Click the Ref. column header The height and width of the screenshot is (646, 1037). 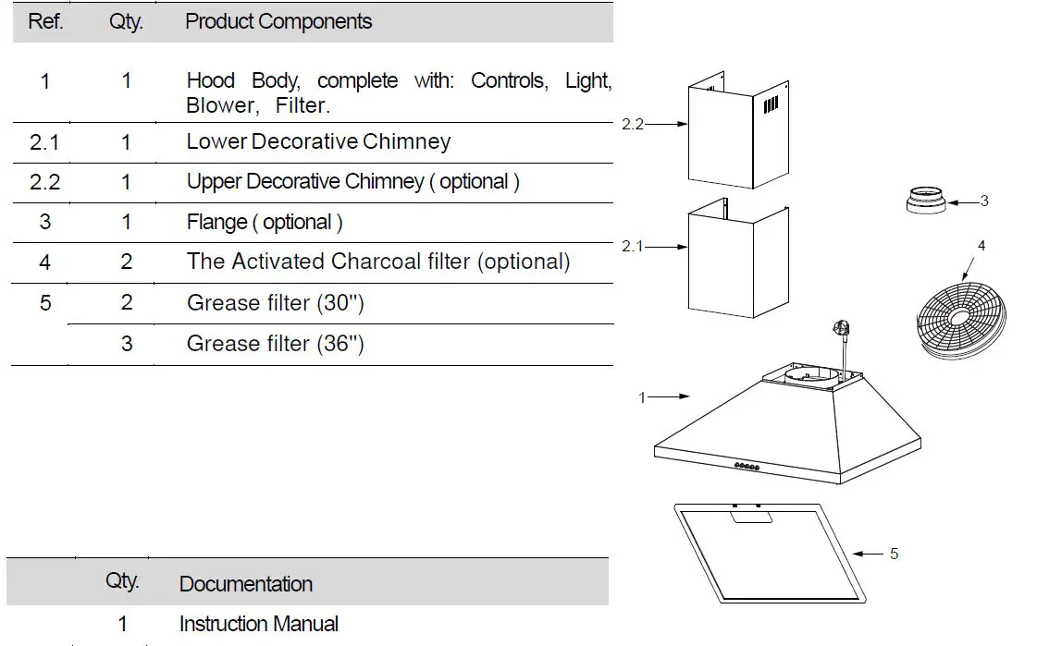[x=45, y=21]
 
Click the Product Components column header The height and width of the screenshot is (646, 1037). [x=278, y=21]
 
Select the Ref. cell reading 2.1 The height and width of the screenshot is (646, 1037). [x=45, y=141]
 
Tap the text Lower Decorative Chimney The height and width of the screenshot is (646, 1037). [x=318, y=141]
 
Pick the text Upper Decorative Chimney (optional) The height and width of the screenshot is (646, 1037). [x=352, y=182]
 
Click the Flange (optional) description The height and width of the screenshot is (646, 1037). [x=265, y=223]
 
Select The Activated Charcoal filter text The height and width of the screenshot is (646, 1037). [x=377, y=262]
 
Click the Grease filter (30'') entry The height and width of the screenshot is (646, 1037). [x=275, y=303]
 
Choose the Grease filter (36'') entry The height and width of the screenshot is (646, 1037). [x=275, y=344]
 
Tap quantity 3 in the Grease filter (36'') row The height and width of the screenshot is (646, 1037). [x=126, y=344]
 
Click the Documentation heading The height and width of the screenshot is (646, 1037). [x=245, y=584]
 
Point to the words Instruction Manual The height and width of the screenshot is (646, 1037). [x=259, y=624]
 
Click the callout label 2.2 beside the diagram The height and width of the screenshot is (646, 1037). [x=633, y=124]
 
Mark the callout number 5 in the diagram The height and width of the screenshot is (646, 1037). [x=894, y=554]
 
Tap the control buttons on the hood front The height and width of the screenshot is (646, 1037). [x=747, y=467]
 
